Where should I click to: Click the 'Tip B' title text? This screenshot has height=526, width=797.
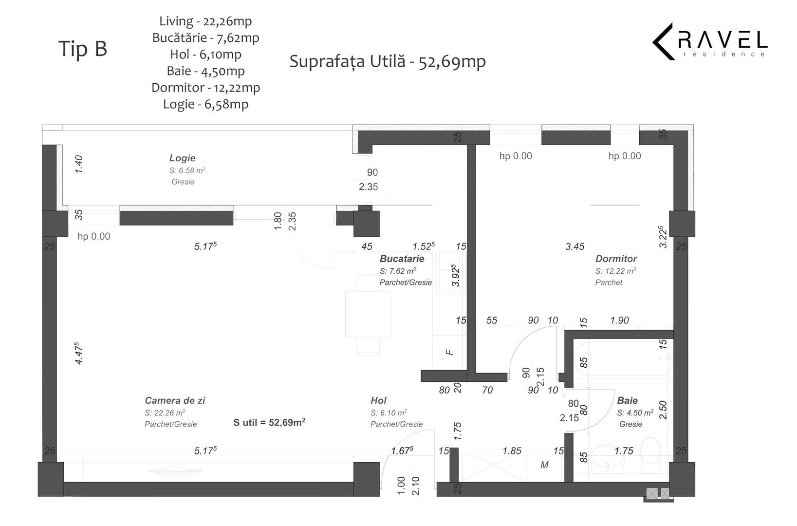[x=83, y=49]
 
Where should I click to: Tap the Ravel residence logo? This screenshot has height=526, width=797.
[x=710, y=41]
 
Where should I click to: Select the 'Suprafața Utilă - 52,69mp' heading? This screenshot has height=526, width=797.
[x=388, y=62]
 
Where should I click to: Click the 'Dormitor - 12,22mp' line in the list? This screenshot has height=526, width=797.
[x=205, y=88]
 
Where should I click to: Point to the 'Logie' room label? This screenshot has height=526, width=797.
[x=182, y=158]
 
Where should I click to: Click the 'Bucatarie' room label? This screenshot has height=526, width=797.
[x=402, y=259]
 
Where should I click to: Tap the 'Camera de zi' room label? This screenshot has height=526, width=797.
[x=175, y=400]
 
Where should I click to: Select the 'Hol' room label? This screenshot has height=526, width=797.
[x=378, y=400]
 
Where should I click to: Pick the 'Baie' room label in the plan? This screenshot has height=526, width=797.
[x=627, y=400]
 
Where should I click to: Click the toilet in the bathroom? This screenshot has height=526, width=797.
[x=650, y=451]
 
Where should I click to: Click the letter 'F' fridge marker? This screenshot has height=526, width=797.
[x=450, y=351]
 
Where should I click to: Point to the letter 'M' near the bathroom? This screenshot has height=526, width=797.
[x=544, y=465]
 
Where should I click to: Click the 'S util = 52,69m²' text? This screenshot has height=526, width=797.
[x=269, y=422]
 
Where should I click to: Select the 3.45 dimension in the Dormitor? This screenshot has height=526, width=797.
[x=575, y=246]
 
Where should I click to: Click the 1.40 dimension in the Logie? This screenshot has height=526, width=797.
[x=79, y=164]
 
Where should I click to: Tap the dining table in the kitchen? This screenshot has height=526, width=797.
[x=368, y=314]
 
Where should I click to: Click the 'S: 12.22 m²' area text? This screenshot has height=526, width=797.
[x=615, y=271]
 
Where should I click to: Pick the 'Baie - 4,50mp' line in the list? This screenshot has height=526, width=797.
[x=205, y=71]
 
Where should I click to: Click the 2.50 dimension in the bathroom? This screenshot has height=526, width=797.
[x=663, y=410]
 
